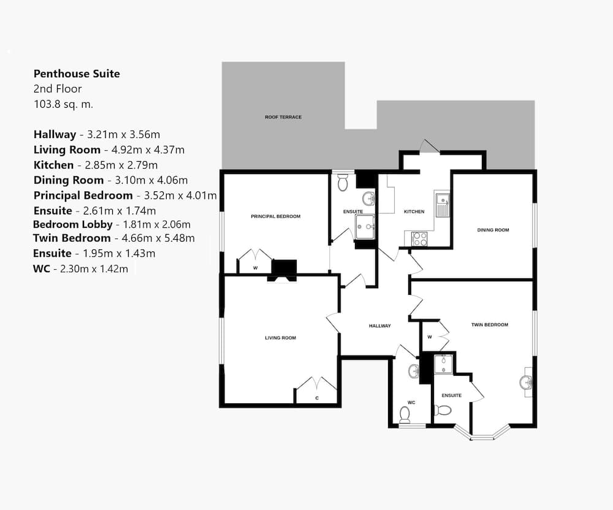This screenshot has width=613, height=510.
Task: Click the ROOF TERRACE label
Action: point(283,117)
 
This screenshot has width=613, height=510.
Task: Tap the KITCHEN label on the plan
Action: point(414,211)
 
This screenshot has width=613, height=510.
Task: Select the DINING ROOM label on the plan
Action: point(493,230)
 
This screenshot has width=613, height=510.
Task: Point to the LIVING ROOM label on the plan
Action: point(280,338)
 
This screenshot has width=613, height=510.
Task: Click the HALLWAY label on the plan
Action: point(379,325)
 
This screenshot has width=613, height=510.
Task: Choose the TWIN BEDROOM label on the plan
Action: point(489,324)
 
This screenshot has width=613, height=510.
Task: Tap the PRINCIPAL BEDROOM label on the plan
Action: point(276,216)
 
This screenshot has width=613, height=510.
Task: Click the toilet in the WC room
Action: point(405,415)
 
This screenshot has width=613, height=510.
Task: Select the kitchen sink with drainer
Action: point(443,205)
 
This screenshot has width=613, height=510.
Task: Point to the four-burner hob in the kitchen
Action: point(419,239)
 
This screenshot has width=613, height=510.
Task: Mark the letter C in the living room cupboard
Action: point(317,398)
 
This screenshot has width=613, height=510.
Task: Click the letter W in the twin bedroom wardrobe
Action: point(430,337)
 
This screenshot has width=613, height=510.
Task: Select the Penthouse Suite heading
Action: point(77,74)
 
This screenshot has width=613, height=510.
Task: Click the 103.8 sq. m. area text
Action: point(63,104)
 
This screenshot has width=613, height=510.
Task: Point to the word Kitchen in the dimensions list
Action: point(53,165)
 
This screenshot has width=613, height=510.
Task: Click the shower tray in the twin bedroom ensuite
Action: point(443,364)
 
